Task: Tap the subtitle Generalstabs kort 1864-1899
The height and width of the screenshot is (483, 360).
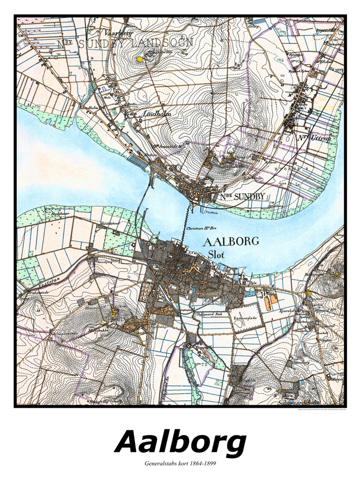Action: [x=180, y=464]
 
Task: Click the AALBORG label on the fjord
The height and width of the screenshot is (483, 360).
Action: [x=231, y=241]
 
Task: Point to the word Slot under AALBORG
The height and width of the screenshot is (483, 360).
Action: [x=217, y=254]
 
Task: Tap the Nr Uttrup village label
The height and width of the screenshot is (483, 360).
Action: [x=315, y=138]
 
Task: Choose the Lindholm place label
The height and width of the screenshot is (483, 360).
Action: [x=156, y=114]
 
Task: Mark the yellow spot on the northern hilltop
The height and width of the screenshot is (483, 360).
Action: [x=139, y=59]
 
